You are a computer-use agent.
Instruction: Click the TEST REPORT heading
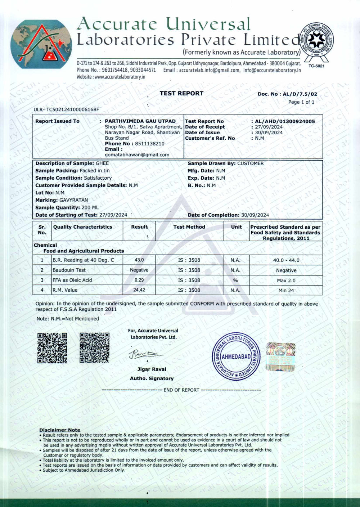click(x=181, y=93)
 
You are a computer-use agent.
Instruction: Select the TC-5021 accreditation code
click(x=316, y=66)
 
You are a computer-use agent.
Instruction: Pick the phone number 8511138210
click(x=149, y=143)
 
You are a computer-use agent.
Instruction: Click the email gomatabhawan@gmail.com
click(x=137, y=154)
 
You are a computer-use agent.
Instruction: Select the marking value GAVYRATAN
click(x=73, y=200)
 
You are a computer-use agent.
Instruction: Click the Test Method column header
click(x=189, y=227)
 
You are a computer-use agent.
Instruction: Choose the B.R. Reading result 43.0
click(x=139, y=260)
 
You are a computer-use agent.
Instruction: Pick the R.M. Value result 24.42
click(x=139, y=290)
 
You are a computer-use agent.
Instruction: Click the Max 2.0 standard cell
click(x=286, y=281)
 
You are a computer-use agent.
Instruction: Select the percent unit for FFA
click(x=235, y=280)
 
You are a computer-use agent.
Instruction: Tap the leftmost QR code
click(x=52, y=348)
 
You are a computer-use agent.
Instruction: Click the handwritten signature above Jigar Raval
click(x=143, y=354)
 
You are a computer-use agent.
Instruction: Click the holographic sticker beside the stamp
click(x=280, y=356)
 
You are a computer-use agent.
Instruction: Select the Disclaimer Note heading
click(x=60, y=430)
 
